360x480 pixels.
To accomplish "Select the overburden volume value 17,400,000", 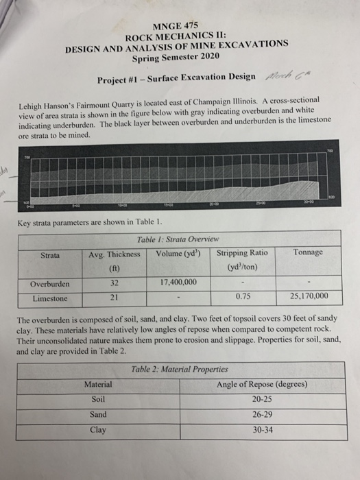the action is (178, 282).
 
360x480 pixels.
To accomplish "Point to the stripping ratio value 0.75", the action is (241, 297).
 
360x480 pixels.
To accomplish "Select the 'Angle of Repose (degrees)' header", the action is (262, 384).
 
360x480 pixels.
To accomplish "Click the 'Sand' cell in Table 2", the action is (99, 414).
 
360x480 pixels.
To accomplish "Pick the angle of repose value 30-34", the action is (262, 429).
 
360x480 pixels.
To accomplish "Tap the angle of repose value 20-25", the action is (262, 399).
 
